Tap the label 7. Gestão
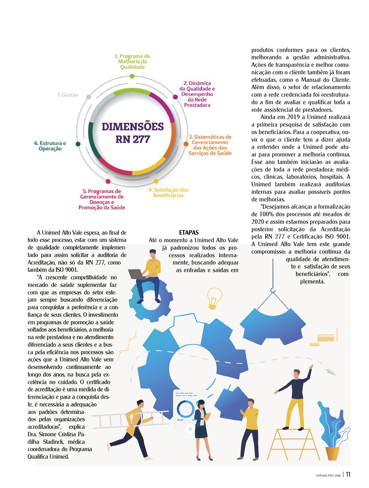[68, 95]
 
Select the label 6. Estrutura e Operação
[50, 146]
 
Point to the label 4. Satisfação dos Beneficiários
[168, 193]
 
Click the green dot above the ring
[132, 76]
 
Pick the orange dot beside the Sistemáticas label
[186, 144]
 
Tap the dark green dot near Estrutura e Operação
[78, 144]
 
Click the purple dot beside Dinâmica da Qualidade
[175, 97]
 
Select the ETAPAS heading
[189, 233]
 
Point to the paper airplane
[330, 372]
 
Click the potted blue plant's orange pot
[332, 453]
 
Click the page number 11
[348, 474]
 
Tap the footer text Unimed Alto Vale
[328, 475]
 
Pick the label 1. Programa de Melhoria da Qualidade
[132, 62]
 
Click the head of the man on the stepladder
[296, 373]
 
